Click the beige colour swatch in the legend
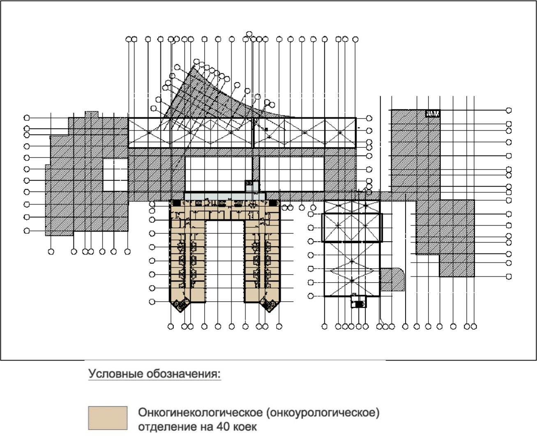tap(108, 418)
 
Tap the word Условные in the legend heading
tap(116, 374)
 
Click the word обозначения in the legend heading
tap(184, 374)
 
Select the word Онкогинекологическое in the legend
tap(201, 413)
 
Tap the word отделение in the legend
tap(167, 427)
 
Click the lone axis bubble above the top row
tap(249, 34)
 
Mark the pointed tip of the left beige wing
tap(180, 313)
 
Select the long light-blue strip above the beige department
tap(225, 196)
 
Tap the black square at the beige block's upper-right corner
tap(273, 203)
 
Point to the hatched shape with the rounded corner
tap(392, 279)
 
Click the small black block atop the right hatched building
tap(433, 114)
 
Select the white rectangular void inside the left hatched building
tap(115, 175)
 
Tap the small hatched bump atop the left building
tap(92, 114)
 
